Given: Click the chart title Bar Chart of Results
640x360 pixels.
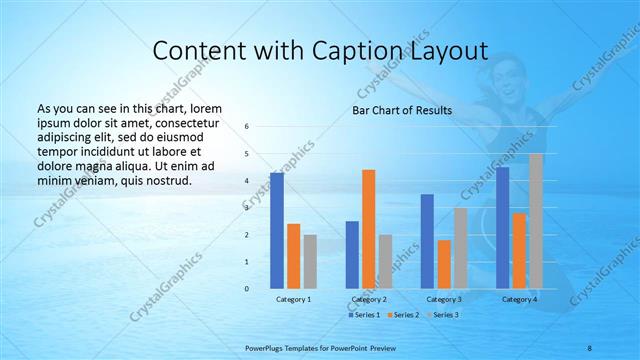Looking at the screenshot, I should (x=401, y=110).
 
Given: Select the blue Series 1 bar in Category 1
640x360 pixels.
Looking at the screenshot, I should (x=276, y=231).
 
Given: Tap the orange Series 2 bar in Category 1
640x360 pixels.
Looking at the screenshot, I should (x=293, y=256).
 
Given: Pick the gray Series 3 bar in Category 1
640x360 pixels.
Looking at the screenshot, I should (x=310, y=262).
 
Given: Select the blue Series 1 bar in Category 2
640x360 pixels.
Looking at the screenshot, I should (x=352, y=255).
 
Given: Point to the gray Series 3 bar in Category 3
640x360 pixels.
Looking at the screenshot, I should (x=461, y=248).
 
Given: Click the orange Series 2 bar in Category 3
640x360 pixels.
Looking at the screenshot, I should (x=444, y=264).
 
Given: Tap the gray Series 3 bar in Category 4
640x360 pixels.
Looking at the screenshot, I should (x=536, y=221).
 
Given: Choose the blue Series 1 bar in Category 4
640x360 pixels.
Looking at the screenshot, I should (x=502, y=228).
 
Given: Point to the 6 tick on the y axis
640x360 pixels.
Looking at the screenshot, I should (x=247, y=127).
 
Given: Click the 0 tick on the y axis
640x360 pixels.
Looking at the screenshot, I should (x=247, y=289).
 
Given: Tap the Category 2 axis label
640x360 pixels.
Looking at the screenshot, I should (x=368, y=299).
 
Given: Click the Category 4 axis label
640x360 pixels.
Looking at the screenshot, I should (x=519, y=299).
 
